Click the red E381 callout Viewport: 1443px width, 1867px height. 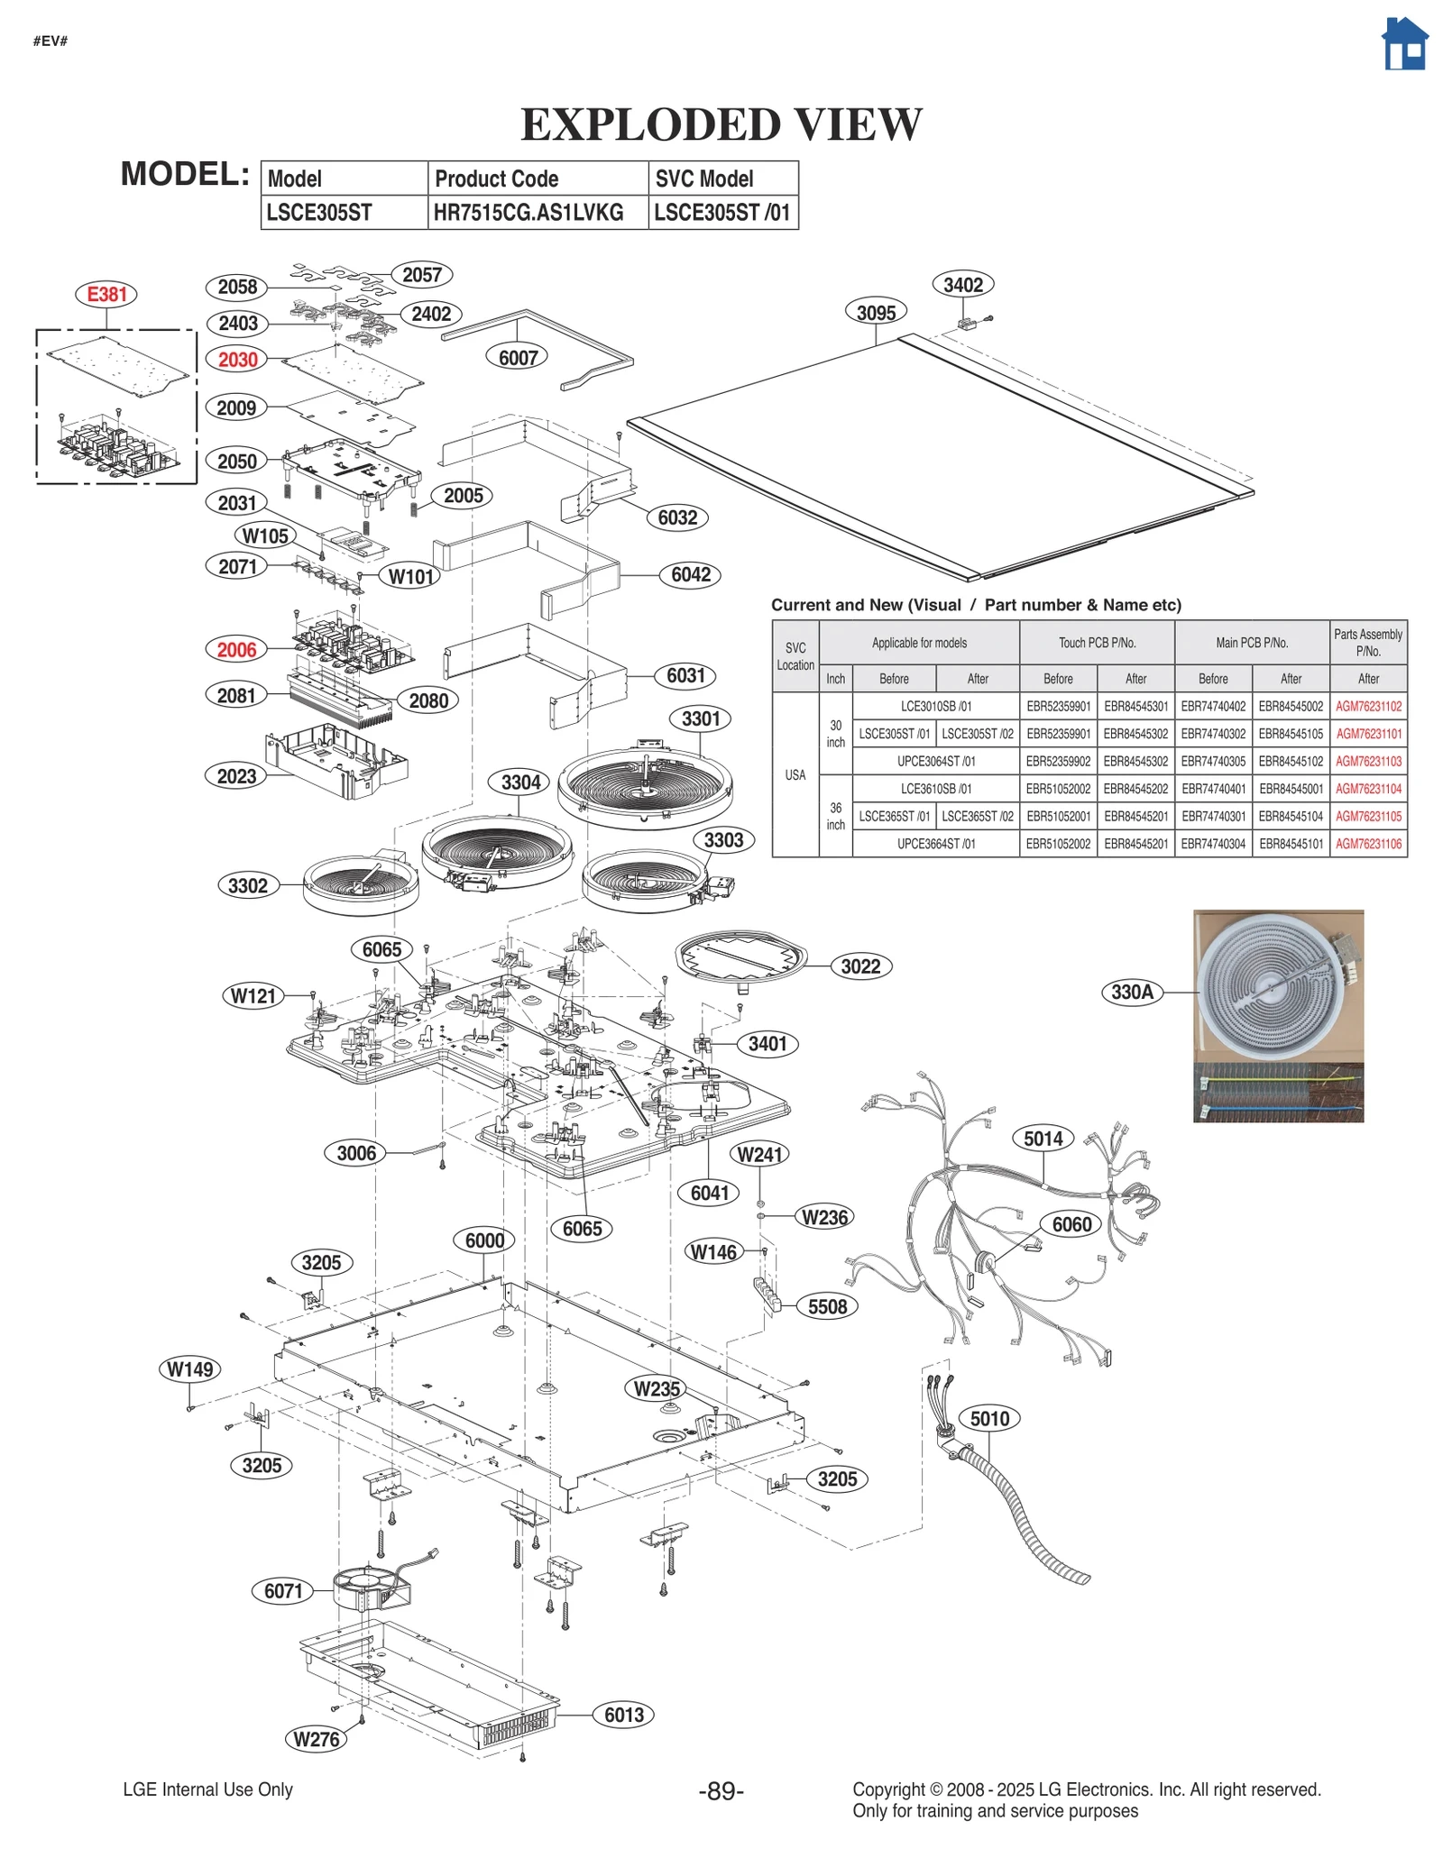pos(106,294)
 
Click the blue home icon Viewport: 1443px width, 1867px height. pos(1404,44)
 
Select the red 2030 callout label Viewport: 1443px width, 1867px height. pos(238,360)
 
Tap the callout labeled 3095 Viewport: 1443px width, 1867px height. pos(876,313)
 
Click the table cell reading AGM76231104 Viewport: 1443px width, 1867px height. pos(1367,789)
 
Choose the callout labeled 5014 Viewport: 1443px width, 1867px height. pos(1043,1139)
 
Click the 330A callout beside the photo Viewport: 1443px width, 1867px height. pos(1132,993)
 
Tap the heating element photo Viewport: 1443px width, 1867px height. pos(1277,1015)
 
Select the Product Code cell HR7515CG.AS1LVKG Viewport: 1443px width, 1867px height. pos(528,213)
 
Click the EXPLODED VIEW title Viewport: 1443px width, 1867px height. pos(721,124)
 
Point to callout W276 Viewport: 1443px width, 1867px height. pos(317,1739)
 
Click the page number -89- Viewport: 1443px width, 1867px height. pos(721,1791)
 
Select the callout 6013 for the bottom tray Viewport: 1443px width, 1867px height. pos(624,1715)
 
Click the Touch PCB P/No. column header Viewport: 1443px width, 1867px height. pos(1097,643)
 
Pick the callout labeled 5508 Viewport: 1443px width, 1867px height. pos(827,1307)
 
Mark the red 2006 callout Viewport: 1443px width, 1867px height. pos(237,649)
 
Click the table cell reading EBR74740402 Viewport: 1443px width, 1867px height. pos(1213,707)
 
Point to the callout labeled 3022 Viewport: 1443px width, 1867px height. pos(860,966)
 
